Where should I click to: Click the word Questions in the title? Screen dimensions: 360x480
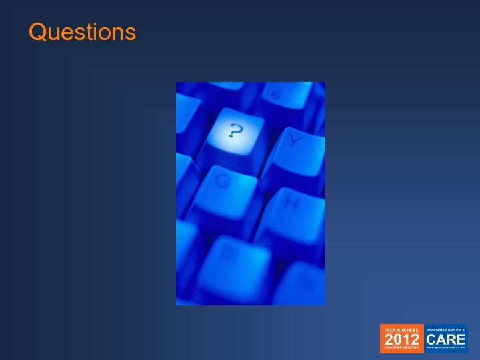(x=82, y=32)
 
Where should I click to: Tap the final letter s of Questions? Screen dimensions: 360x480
(x=131, y=33)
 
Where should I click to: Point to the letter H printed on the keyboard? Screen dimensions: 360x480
(x=291, y=201)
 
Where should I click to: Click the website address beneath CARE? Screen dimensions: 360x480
(x=446, y=347)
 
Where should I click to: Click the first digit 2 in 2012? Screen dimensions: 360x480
(x=389, y=339)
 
